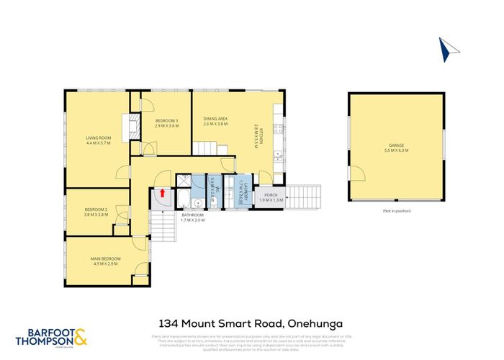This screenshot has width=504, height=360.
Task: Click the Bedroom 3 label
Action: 166,122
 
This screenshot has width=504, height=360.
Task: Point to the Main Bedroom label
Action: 106,261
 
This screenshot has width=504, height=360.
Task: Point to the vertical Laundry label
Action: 245,192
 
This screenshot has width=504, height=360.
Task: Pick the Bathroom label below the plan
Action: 193,217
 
